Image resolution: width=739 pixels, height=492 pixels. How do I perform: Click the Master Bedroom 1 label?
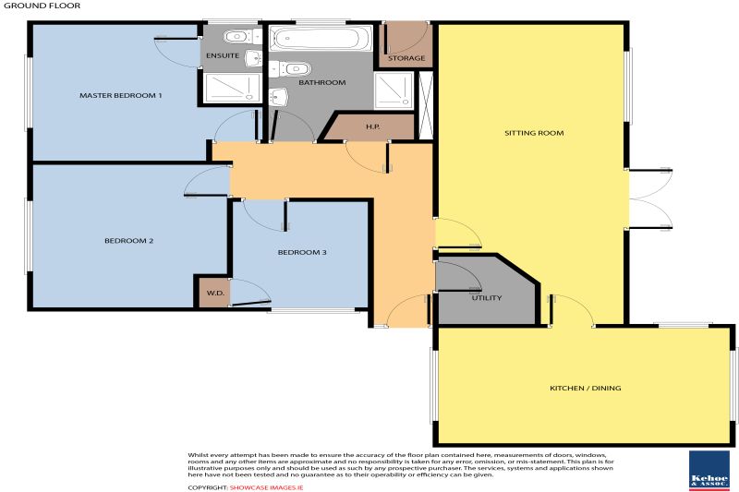click(x=121, y=95)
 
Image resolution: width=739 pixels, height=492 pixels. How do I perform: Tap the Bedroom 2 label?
click(x=128, y=241)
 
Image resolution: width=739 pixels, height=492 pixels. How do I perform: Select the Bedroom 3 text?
click(x=302, y=252)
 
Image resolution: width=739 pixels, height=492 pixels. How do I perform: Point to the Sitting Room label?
click(x=534, y=133)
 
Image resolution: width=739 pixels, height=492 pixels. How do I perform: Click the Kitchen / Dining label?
click(x=586, y=388)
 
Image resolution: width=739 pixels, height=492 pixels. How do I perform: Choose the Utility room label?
click(x=487, y=297)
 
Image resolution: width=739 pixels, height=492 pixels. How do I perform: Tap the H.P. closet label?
click(x=373, y=126)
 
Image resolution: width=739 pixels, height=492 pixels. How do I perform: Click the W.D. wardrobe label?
click(x=215, y=293)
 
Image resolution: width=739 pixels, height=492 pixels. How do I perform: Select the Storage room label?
click(x=406, y=58)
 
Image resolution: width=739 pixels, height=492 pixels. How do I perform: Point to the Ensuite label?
click(x=223, y=55)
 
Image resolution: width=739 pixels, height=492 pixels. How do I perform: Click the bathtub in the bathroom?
click(x=321, y=38)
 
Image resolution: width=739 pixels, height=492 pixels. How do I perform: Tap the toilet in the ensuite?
click(x=242, y=36)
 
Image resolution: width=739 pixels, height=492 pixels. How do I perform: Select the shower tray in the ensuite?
click(x=232, y=88)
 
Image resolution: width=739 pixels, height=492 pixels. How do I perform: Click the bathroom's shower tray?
click(x=394, y=90)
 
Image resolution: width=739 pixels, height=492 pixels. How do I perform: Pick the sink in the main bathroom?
click(x=279, y=97)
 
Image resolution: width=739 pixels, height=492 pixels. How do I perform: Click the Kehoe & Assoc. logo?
click(x=709, y=471)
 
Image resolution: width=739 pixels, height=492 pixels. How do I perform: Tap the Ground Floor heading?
click(x=42, y=6)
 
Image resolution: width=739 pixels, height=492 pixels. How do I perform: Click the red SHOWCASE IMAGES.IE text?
click(x=266, y=487)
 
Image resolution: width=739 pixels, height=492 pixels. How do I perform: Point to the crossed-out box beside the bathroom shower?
click(x=426, y=106)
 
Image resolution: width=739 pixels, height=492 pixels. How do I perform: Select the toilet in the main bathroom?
click(x=290, y=68)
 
